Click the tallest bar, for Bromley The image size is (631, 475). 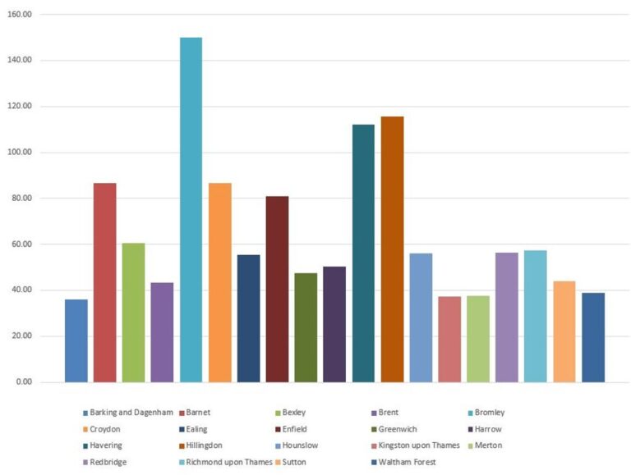tap(191, 209)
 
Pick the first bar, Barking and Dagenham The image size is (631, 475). tap(76, 340)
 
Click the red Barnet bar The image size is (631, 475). tap(104, 282)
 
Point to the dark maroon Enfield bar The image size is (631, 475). tap(277, 289)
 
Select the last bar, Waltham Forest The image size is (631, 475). tap(593, 337)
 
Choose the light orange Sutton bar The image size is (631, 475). tap(564, 331)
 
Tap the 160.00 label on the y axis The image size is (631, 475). tap(19, 15)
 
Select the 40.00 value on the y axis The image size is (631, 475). tap(21, 290)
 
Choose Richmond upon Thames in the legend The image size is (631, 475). tap(234, 463)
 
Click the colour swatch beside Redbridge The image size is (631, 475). tap(85, 463)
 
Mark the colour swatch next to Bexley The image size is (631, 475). tap(276, 413)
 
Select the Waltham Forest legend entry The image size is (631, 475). tap(406, 463)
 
